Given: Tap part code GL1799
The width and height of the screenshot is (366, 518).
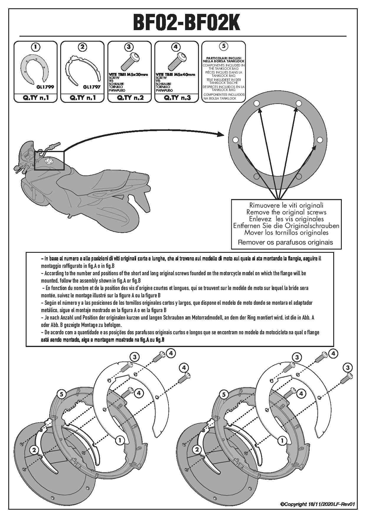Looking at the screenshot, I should tap(43, 87).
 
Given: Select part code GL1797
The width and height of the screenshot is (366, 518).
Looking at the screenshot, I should tap(91, 87).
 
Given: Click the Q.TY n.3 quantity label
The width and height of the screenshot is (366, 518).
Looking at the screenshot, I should tap(177, 98).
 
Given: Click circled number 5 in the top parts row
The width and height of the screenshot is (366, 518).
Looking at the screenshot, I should tap(223, 46).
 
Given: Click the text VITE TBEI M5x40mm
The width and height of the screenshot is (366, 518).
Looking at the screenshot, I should tap(175, 75).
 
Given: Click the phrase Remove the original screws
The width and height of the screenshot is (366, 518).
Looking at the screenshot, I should tap(286, 212).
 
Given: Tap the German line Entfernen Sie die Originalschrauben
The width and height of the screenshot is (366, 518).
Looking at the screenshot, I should tap(286, 226).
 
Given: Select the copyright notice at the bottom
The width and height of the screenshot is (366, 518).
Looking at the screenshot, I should tap(317, 504).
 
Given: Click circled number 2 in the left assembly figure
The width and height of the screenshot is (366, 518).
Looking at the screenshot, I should tap(34, 450).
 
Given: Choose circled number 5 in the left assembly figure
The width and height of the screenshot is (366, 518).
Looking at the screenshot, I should tap(61, 394).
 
